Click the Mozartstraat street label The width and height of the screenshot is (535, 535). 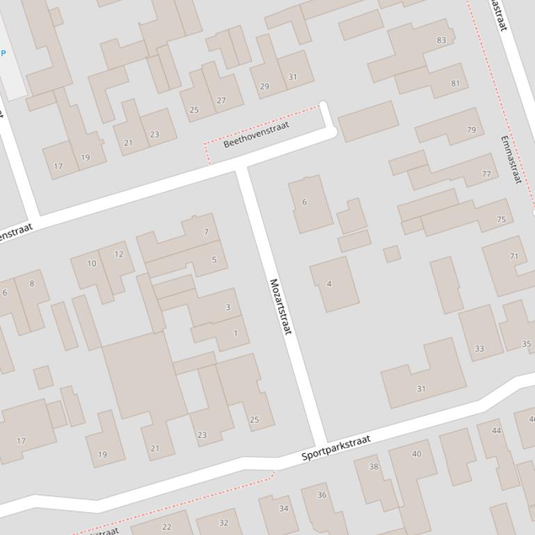click(x=280, y=306)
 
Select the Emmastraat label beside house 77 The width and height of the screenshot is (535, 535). click(x=511, y=159)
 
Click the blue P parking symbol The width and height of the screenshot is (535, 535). click(x=3, y=53)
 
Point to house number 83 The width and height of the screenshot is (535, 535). click(x=441, y=40)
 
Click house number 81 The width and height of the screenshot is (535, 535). click(x=455, y=83)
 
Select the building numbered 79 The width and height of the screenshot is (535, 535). click(x=472, y=130)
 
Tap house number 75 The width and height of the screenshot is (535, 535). click(x=501, y=220)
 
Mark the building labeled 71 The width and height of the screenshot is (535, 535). click(x=514, y=256)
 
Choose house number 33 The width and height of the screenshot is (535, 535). click(x=479, y=349)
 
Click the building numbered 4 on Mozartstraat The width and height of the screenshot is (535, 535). click(x=329, y=283)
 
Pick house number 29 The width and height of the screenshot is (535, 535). click(x=264, y=87)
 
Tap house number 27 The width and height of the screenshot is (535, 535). click(x=221, y=101)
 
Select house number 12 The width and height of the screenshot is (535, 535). click(x=119, y=254)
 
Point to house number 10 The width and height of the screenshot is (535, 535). click(x=92, y=264)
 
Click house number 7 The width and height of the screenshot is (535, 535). click(x=206, y=232)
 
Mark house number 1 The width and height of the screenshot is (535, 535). click(x=235, y=334)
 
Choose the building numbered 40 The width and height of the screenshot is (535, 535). click(x=416, y=454)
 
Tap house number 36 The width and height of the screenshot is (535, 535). click(x=321, y=495)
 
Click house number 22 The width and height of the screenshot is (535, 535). click(x=166, y=527)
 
